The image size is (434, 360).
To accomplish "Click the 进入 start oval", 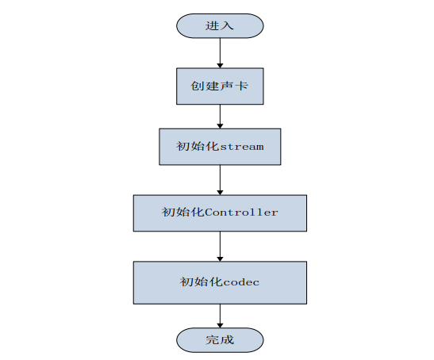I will coord(220,25).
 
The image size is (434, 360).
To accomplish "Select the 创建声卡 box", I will coord(220,85).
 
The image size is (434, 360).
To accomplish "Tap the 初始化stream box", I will coord(220,147).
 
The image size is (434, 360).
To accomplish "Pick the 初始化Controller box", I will coord(220,213).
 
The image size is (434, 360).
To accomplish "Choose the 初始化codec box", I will coord(220,282).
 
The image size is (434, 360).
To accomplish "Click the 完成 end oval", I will coord(220,340).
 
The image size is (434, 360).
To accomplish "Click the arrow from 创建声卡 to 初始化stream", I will coord(220,116).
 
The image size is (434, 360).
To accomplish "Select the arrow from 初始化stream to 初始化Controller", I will coord(220,178).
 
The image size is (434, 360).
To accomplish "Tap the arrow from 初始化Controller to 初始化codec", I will coord(220,247).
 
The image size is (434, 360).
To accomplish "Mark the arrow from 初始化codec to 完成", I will coord(220,315).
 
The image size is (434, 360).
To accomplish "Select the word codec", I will coord(241,282).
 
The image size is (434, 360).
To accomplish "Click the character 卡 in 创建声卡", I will coord(242,85).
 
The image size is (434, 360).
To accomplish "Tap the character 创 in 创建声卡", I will coord(198,85).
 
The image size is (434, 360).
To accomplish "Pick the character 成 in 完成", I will coord(228,340).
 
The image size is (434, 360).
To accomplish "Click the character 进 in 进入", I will coord(212,25).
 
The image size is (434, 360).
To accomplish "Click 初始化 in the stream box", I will coord(197,147).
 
